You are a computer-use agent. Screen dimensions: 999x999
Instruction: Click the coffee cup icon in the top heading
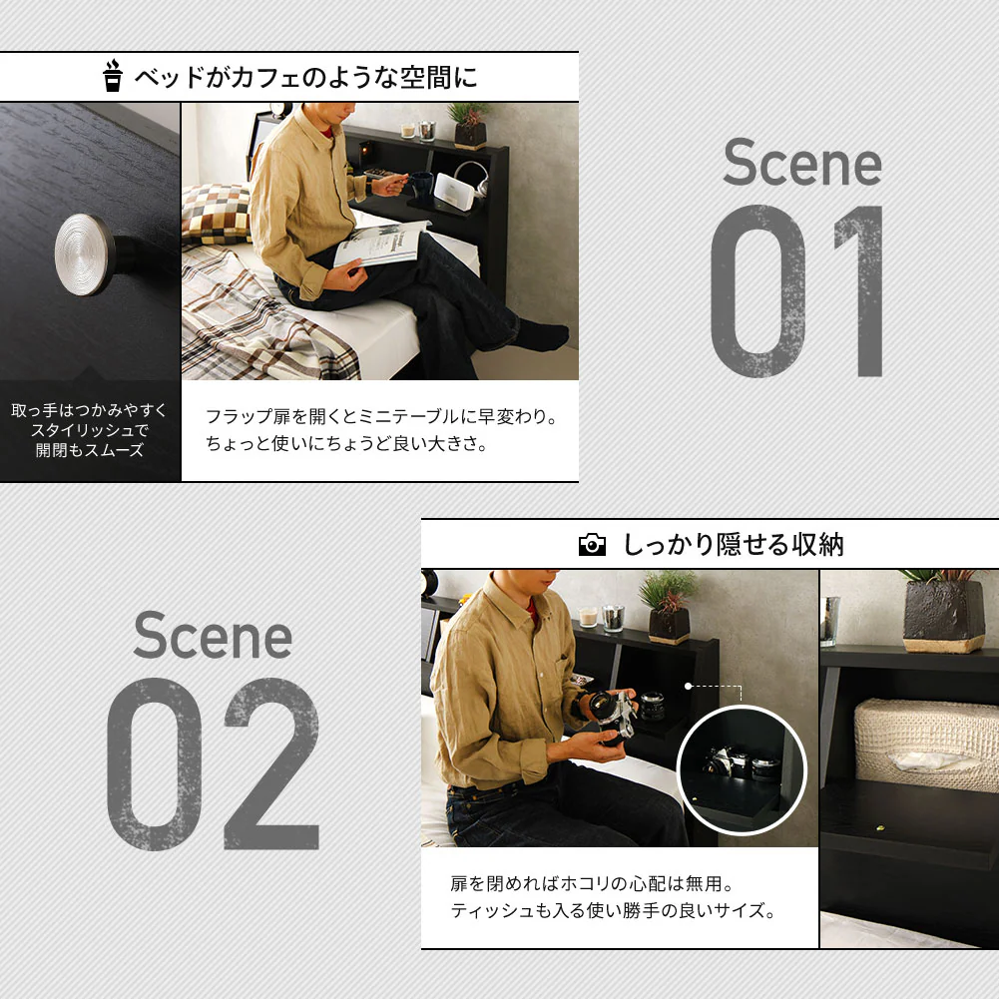click(113, 77)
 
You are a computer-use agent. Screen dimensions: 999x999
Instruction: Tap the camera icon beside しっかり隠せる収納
click(592, 545)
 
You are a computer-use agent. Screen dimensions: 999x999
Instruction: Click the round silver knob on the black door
click(85, 254)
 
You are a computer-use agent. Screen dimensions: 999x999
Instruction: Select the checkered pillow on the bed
click(217, 214)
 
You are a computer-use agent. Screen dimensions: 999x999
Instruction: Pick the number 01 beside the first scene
click(797, 290)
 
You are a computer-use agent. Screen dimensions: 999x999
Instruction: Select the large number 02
click(213, 763)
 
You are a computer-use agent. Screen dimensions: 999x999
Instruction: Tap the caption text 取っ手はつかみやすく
click(89, 409)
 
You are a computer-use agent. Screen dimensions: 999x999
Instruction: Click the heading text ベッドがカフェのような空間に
click(305, 77)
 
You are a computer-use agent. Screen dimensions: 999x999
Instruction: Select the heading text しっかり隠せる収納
click(734, 545)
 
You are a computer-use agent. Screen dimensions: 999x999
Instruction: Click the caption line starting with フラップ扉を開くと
click(382, 416)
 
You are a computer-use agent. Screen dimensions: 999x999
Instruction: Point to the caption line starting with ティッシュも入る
click(613, 910)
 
